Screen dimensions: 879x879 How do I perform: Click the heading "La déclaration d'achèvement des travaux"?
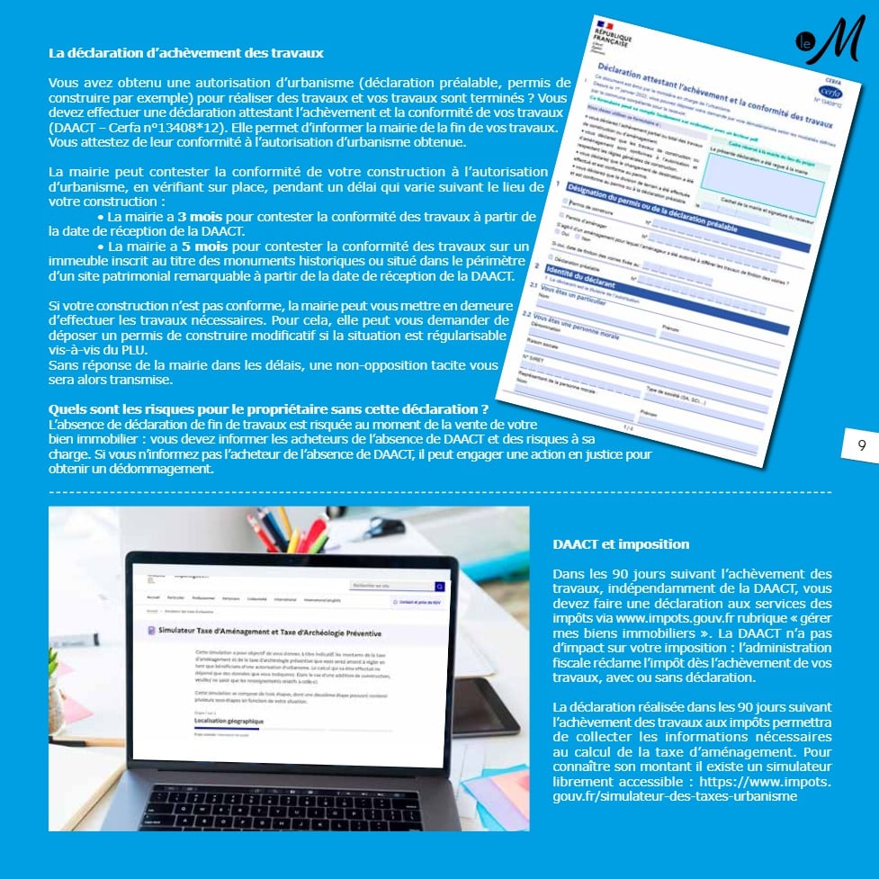click(x=185, y=53)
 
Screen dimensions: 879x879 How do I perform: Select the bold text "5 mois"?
click(x=198, y=245)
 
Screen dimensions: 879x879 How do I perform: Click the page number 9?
click(x=861, y=444)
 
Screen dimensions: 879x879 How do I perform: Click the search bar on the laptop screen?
click(x=396, y=586)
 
